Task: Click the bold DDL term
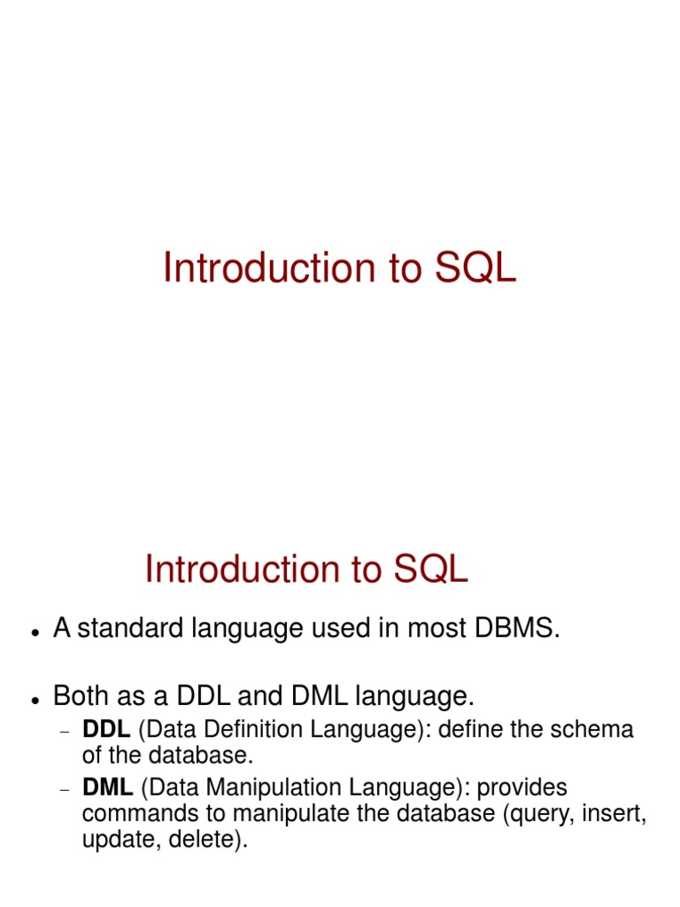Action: pos(106,730)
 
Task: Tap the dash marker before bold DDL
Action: pos(64,733)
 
